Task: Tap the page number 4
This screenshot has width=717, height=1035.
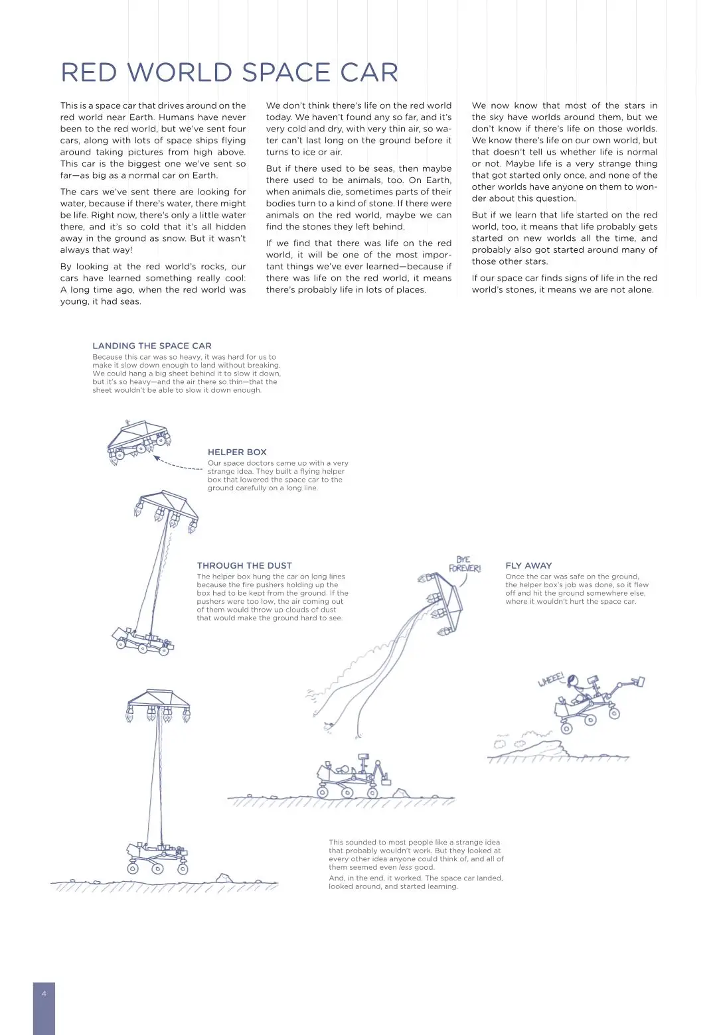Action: pos(44,993)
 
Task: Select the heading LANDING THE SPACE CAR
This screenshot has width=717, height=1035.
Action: pos(152,346)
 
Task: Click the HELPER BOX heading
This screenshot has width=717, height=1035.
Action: pos(237,452)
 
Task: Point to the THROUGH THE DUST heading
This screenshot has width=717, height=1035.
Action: pos(244,565)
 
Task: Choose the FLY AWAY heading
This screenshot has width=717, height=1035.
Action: pos(528,565)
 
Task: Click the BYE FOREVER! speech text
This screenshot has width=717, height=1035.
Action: pos(465,564)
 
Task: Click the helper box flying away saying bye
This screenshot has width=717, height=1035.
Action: pos(444,600)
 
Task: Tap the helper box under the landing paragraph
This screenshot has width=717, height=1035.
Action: pos(139,440)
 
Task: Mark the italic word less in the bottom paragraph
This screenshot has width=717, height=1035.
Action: pos(405,867)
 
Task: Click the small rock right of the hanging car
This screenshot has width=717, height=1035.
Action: pos(225,878)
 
